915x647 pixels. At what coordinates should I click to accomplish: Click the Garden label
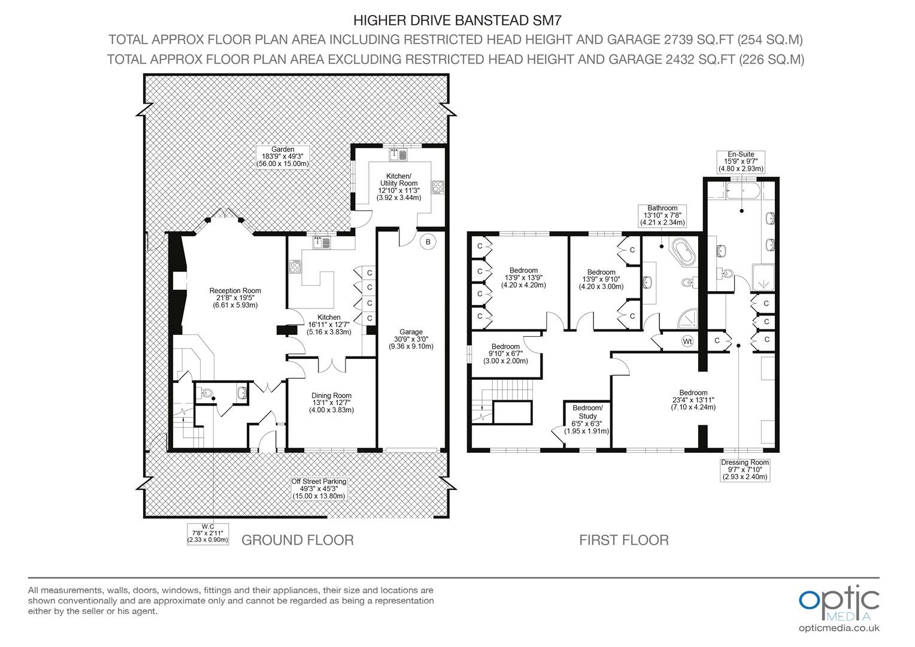tap(283, 156)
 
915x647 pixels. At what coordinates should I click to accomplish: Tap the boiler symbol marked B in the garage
tap(428, 242)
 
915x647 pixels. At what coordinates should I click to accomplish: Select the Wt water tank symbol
tap(687, 341)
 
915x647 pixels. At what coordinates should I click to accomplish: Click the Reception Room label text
tap(235, 298)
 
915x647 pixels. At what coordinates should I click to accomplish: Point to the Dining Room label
tap(331, 403)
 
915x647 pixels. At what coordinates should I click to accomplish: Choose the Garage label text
tap(411, 339)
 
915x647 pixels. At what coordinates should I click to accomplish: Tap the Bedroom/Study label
tap(587, 419)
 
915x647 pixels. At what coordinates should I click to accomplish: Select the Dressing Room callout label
tap(745, 470)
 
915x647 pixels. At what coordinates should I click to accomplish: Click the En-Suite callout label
tap(741, 161)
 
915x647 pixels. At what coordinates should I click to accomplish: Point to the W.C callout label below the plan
tap(208, 533)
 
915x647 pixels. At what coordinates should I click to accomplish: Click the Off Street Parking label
tap(319, 489)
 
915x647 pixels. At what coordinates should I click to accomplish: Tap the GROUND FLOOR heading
tap(298, 540)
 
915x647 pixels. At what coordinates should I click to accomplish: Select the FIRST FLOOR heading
tap(624, 540)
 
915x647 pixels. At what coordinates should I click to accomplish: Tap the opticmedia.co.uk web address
tap(839, 628)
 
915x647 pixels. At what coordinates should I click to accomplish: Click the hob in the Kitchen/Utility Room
tap(438, 187)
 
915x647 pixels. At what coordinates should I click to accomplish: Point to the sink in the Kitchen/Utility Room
tap(398, 155)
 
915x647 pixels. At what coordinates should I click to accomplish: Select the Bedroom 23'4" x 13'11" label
tap(693, 400)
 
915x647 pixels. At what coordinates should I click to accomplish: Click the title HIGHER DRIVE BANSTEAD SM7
tap(457, 20)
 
